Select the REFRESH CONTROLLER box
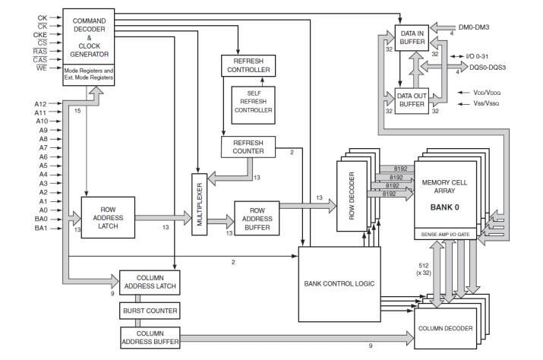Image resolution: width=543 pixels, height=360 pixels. pos(248,65)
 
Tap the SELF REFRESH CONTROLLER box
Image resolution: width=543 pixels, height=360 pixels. pos(252,105)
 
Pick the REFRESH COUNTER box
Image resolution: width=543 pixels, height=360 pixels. pos(248,147)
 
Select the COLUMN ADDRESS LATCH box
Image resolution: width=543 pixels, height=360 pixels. pos(149,282)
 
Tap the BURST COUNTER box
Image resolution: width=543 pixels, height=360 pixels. pos(149,311)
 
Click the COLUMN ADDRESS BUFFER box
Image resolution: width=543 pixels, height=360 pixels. pos(149,337)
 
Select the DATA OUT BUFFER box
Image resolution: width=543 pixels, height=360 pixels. pos(412,100)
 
